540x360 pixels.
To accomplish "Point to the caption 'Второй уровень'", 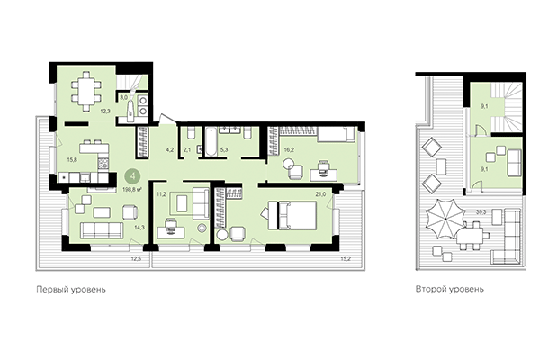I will (x=450, y=291).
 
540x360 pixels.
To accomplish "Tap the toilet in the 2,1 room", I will (x=189, y=136).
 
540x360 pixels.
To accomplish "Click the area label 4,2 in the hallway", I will (x=167, y=149).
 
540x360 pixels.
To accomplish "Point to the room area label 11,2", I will (x=162, y=193).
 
